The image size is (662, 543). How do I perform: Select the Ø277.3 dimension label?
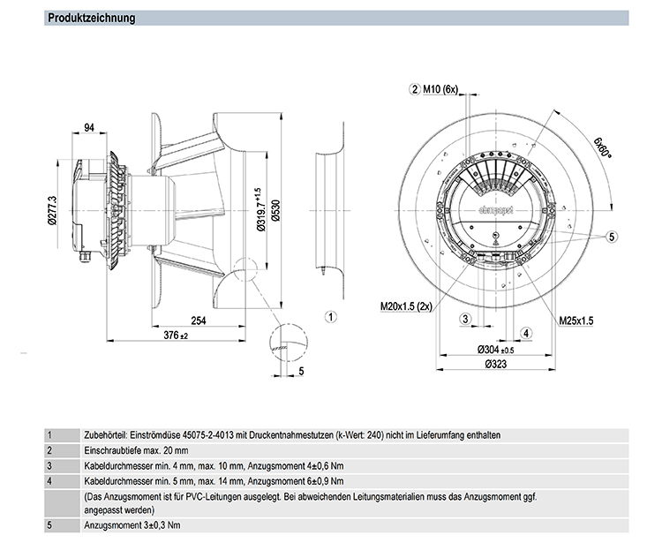[x=53, y=211]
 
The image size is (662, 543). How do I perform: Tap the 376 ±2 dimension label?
[x=177, y=336]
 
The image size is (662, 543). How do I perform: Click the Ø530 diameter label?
[x=275, y=210]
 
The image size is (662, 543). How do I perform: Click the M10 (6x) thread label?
[x=440, y=89]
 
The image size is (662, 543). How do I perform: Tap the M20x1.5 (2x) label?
[x=410, y=306]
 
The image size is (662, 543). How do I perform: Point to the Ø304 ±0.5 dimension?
[x=499, y=349]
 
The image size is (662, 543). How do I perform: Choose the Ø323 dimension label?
[x=499, y=364]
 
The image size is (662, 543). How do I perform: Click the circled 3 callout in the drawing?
[x=465, y=318]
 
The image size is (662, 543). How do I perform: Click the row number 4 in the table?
[x=50, y=480]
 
